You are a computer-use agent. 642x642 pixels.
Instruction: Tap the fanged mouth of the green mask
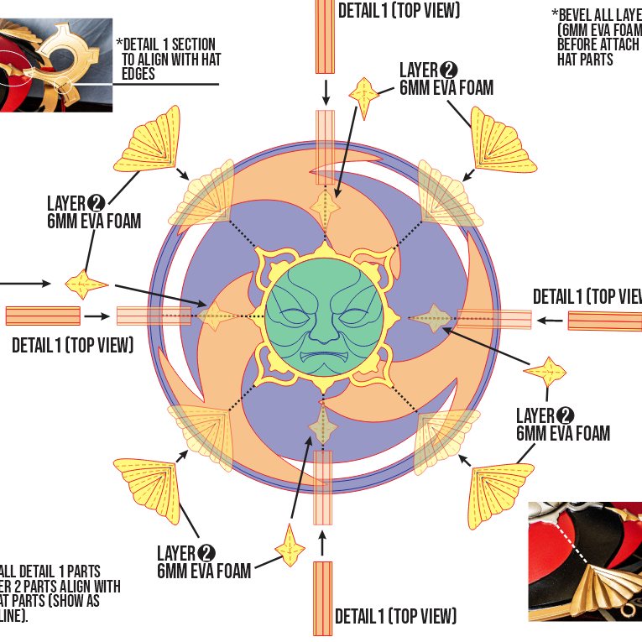tap(324, 360)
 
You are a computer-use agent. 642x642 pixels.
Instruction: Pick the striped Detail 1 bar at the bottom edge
tap(323, 598)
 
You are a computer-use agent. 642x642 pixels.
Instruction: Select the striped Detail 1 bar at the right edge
tap(604, 321)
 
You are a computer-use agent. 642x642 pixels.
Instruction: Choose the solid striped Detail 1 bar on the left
tap(43, 316)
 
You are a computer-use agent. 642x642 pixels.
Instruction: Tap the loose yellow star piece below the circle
tap(290, 549)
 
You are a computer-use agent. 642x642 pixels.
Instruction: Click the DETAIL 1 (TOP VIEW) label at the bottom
tap(396, 617)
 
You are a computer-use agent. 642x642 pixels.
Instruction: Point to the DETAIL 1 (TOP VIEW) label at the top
tap(399, 10)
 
